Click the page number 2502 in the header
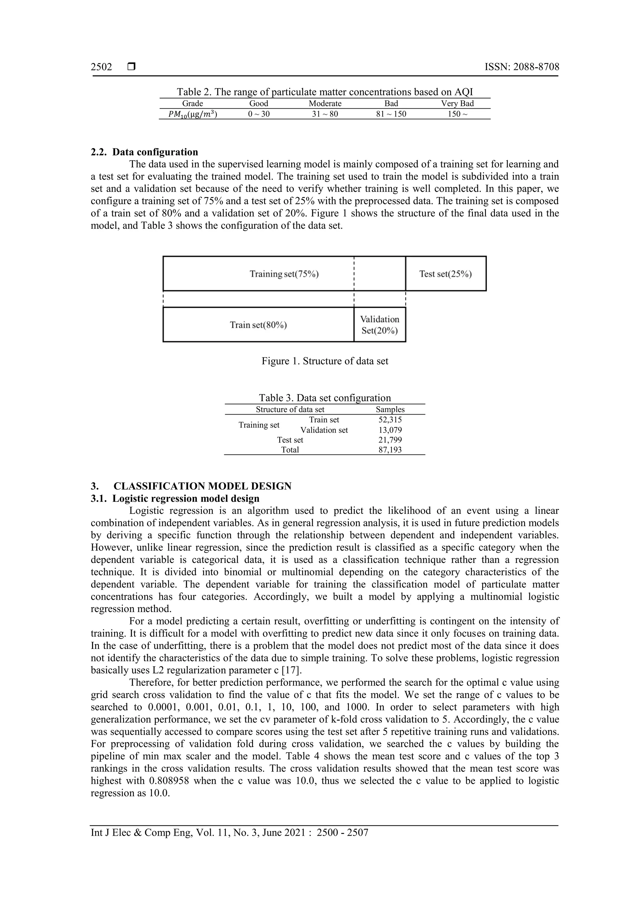pos(101,67)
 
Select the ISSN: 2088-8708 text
pos(522,67)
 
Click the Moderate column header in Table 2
pos(325,103)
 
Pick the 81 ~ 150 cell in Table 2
pos(391,114)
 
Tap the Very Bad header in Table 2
pos(457,103)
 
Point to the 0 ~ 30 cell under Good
pos(259,114)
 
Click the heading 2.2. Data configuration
pos(144,152)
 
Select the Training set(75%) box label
pos(284,274)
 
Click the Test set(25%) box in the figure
pos(445,274)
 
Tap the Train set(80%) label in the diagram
pos(258,325)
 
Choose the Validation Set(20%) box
pos(380,325)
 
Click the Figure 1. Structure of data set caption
pos(325,361)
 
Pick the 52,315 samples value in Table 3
pos(390,420)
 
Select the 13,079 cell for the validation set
pos(390,430)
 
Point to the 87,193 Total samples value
pos(390,450)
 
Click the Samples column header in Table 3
pos(390,410)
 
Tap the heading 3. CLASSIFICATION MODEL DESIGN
pos(191,486)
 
